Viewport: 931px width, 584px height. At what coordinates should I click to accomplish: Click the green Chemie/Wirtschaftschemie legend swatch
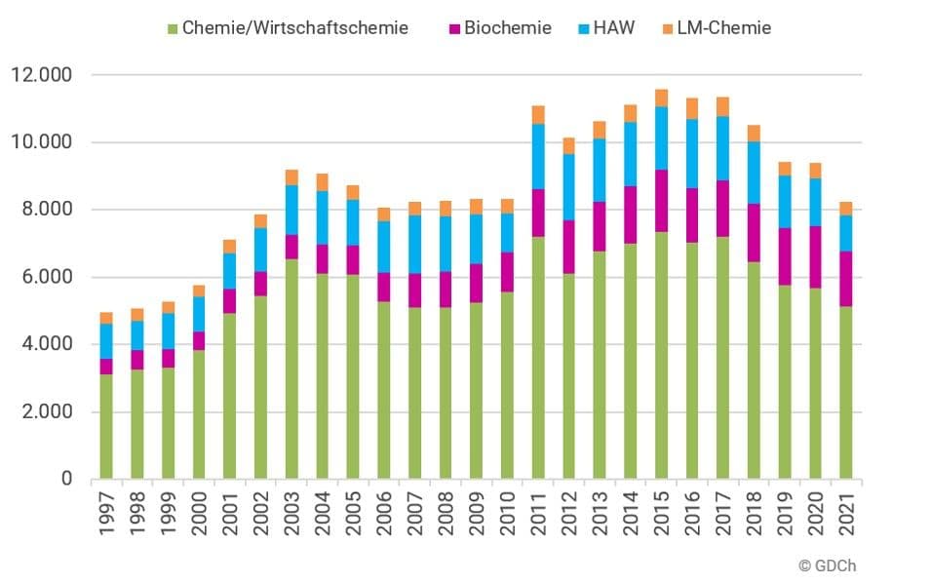(174, 28)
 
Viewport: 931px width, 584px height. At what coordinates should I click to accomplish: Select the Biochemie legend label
(507, 28)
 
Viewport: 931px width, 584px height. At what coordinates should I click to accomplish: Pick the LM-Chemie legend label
(724, 28)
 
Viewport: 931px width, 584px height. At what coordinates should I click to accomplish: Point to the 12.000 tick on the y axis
(44, 75)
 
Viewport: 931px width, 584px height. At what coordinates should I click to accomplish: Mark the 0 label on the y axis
(67, 479)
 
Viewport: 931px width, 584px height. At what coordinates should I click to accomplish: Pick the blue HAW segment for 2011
(538, 157)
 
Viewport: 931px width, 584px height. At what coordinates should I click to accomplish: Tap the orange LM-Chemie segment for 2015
(662, 97)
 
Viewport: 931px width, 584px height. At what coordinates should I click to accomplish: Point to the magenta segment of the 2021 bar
(847, 279)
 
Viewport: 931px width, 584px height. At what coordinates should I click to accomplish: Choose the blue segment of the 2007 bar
(414, 245)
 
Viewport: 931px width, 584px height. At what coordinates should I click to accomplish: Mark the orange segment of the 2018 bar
(755, 134)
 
